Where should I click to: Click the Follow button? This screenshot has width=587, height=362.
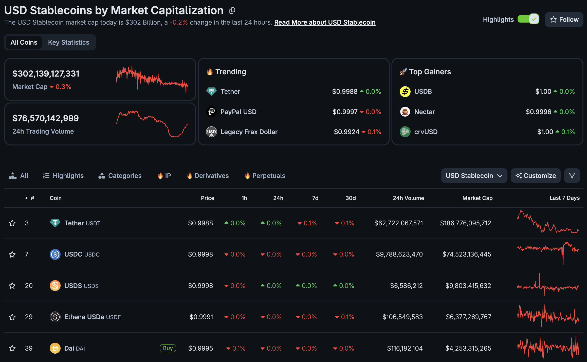pyautogui.click(x=564, y=20)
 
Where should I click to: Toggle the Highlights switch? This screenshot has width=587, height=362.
pyautogui.click(x=528, y=19)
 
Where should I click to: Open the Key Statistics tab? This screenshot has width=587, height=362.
pyautogui.click(x=68, y=42)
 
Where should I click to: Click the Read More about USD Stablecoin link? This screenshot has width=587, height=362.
pyautogui.click(x=325, y=22)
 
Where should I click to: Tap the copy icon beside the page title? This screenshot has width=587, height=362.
pyautogui.click(x=232, y=10)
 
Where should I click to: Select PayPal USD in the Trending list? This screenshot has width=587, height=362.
pyautogui.click(x=238, y=112)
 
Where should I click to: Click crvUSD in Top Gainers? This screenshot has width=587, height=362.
pyautogui.click(x=426, y=132)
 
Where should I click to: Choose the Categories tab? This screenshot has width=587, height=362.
pyautogui.click(x=120, y=176)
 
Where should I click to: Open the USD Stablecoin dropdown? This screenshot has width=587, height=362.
pyautogui.click(x=474, y=176)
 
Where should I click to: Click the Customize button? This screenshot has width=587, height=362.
pyautogui.click(x=536, y=176)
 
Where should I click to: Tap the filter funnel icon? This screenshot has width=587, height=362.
pyautogui.click(x=572, y=176)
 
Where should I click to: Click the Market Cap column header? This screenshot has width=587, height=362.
pyautogui.click(x=477, y=198)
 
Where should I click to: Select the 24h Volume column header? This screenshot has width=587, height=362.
pyautogui.click(x=408, y=198)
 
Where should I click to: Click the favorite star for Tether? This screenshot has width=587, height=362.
pyautogui.click(x=12, y=223)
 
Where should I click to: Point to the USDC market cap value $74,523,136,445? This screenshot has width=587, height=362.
pyautogui.click(x=467, y=254)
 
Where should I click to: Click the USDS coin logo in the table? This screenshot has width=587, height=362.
pyautogui.click(x=55, y=286)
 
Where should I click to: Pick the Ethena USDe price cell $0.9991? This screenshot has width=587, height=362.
pyautogui.click(x=201, y=317)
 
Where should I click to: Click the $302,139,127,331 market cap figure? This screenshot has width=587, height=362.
pyautogui.click(x=46, y=74)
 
